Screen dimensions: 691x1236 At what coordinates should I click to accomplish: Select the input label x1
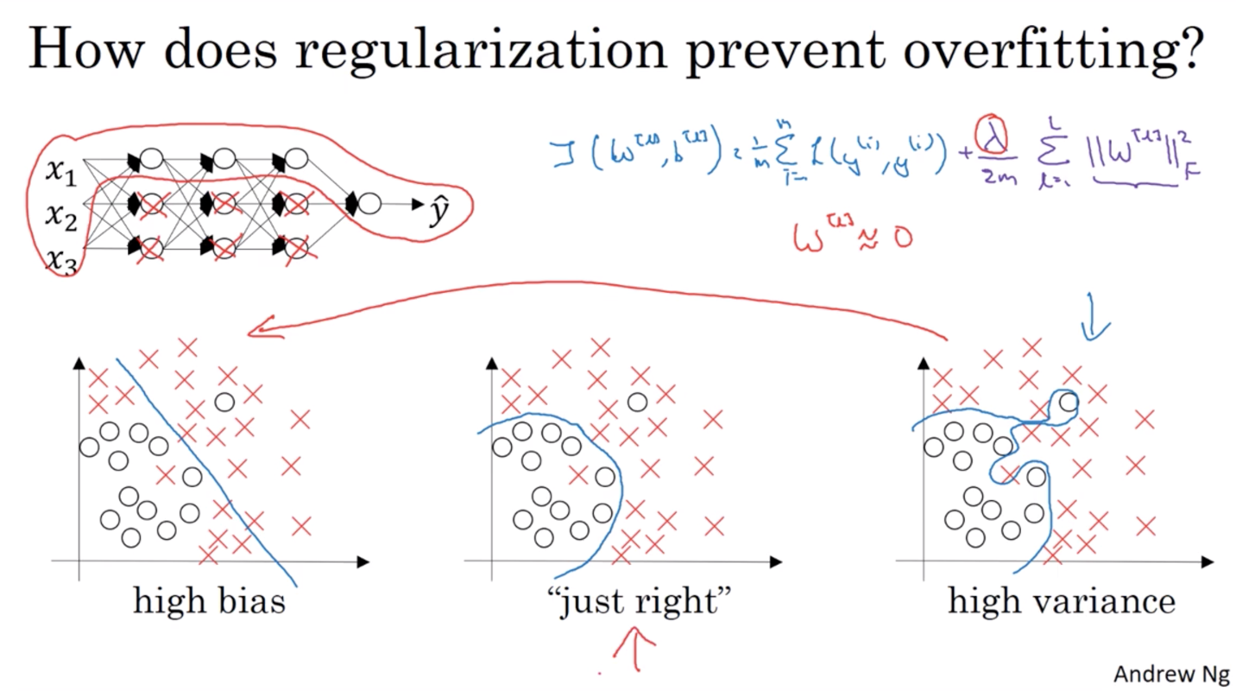point(60,174)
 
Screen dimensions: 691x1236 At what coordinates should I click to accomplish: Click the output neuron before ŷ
point(369,203)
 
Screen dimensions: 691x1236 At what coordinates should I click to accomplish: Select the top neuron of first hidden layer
point(151,158)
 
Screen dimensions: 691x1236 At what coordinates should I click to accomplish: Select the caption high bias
point(209,600)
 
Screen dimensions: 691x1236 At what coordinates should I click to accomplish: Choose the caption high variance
point(1061,600)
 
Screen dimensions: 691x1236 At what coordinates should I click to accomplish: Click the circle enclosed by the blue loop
point(1069,402)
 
